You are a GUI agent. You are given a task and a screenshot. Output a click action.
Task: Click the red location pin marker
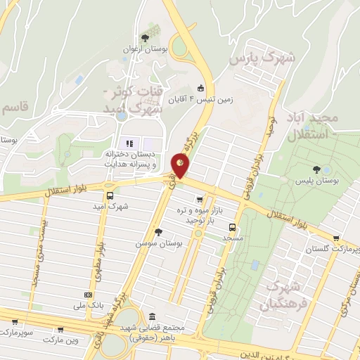click(180, 164)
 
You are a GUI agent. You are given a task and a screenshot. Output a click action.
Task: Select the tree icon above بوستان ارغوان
click(145, 37)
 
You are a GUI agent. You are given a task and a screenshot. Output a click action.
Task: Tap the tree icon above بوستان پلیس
click(317, 169)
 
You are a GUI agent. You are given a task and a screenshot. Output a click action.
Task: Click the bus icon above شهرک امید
click(109, 195)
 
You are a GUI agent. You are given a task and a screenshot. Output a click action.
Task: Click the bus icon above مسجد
click(231, 226)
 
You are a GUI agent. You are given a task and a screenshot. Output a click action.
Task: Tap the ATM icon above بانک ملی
click(88, 295)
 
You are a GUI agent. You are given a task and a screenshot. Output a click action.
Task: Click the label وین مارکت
click(58, 340)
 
